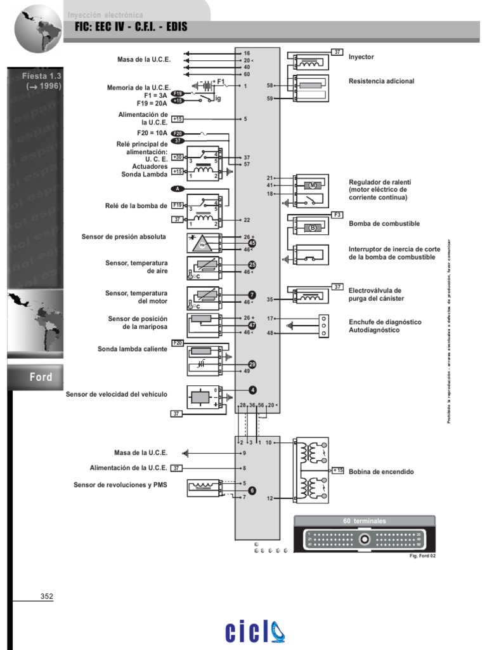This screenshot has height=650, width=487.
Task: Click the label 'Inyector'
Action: [x=361, y=57]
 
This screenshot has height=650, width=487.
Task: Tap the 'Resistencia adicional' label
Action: [x=381, y=81]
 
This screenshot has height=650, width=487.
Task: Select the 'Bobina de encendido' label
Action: [x=381, y=472]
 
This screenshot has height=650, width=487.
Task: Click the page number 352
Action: [x=47, y=596]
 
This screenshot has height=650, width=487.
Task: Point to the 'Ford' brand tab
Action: [x=41, y=377]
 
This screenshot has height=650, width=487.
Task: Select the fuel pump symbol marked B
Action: [x=312, y=227]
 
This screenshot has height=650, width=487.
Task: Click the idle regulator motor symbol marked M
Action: [x=312, y=185]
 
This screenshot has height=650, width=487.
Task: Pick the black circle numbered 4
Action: [x=252, y=390]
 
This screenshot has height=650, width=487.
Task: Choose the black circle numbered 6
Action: [x=252, y=490]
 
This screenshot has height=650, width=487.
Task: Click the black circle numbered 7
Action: [x=252, y=295]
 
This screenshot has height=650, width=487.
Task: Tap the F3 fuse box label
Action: [x=337, y=215]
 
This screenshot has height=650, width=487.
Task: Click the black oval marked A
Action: [x=178, y=189]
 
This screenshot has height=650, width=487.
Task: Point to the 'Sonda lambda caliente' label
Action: [x=133, y=349]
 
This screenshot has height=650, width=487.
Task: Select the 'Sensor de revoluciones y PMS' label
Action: [x=120, y=485]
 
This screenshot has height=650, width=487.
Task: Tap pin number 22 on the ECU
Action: [x=246, y=220]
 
